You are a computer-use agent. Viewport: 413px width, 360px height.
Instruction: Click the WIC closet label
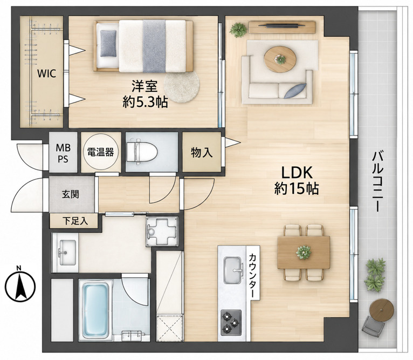tap(46, 73)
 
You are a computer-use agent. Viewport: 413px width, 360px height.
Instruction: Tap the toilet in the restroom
tap(142, 152)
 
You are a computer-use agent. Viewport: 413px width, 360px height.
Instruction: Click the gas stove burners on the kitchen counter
tap(231, 322)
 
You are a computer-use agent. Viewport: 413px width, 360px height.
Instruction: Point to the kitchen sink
tap(233, 270)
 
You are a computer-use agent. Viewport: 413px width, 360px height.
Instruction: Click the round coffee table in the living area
tap(280, 59)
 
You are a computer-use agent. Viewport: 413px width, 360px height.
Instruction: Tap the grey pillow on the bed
tap(108, 43)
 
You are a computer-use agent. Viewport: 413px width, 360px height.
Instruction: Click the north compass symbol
tap(20, 286)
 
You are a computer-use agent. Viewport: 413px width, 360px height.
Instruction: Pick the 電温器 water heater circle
tap(100, 152)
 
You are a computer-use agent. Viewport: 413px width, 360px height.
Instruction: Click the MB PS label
tap(63, 153)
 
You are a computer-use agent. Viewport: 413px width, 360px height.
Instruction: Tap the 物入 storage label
tap(202, 152)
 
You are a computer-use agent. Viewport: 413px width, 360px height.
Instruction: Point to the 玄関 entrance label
tap(70, 195)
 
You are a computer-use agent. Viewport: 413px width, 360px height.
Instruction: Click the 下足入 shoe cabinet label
tap(75, 221)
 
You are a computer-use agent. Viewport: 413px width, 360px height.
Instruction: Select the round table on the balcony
tap(381, 310)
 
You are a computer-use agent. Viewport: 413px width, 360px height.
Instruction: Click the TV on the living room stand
tap(282, 25)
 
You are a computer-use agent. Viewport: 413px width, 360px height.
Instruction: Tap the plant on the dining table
tap(303, 252)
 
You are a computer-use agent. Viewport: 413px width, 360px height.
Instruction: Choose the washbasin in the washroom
tap(67, 253)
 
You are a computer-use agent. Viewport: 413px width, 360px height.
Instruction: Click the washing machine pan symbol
tap(162, 232)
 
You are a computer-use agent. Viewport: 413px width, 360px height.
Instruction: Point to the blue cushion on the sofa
tap(295, 91)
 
